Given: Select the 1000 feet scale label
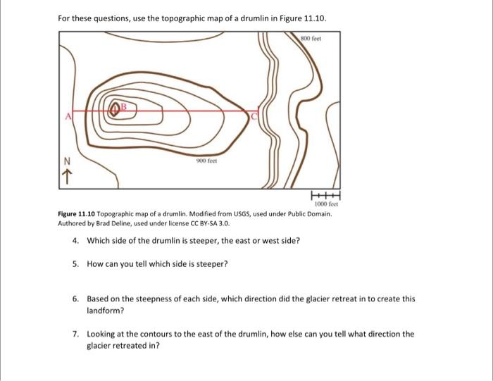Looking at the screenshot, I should coord(330,205).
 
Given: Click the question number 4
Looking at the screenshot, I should coord(75,241).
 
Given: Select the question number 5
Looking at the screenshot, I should coord(75,264).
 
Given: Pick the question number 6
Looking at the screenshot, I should coord(75,299).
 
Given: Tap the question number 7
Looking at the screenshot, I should coord(75,334).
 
